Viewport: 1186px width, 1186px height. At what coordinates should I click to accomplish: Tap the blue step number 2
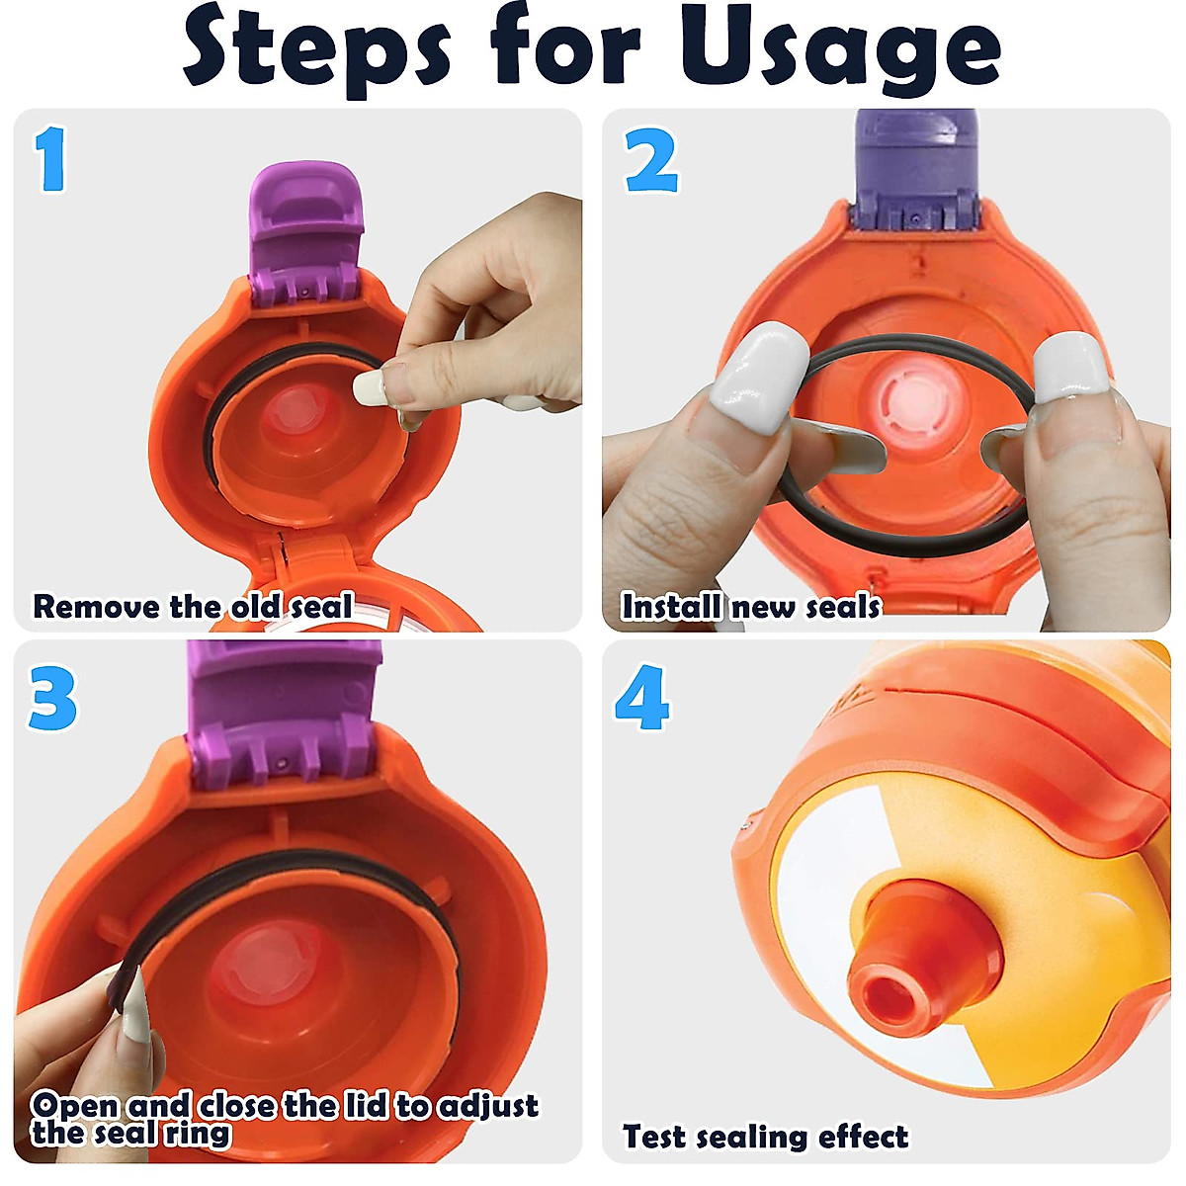click(651, 160)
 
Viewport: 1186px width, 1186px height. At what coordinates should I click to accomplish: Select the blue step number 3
click(52, 697)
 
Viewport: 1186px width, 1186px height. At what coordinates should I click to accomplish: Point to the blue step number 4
click(642, 697)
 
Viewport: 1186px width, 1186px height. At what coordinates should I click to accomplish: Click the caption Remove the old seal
click(193, 606)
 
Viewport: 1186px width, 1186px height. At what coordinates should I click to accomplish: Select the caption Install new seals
click(750, 606)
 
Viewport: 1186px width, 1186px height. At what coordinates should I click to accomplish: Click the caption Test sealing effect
click(765, 1137)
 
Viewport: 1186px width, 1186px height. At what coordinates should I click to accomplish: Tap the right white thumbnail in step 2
click(1068, 366)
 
